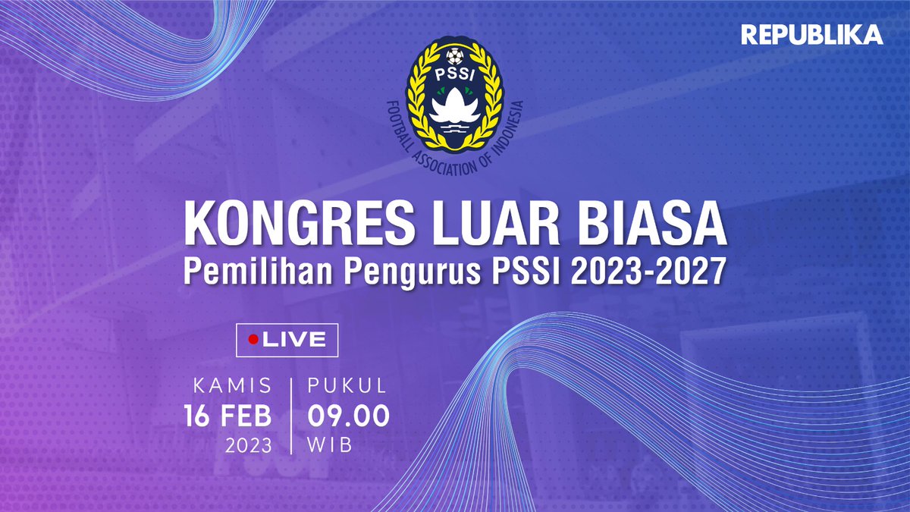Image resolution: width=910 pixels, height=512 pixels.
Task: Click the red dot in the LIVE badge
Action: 253,340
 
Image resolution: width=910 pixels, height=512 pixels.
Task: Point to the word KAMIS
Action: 233,386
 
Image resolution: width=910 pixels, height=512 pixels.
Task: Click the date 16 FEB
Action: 227,416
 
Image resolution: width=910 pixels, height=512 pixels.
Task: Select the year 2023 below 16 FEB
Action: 249,445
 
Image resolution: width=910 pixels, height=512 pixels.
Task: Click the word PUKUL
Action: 347,386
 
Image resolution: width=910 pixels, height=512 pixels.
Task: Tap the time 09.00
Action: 349,416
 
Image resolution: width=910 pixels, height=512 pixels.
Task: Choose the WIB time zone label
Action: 330,445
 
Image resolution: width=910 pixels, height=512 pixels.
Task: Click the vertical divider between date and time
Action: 290,414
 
